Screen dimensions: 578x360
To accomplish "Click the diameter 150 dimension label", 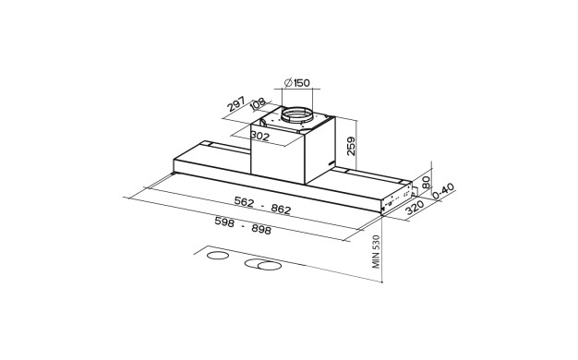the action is coord(297,83).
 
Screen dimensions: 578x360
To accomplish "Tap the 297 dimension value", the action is coord(236,103).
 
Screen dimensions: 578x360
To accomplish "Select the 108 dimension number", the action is coord(258,103).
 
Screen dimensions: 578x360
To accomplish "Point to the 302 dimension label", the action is coord(259,136).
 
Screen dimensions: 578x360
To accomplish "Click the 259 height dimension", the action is coord(351,146).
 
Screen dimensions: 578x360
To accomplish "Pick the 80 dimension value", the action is coord(427,183).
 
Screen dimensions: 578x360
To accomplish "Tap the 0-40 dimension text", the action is coord(442,191).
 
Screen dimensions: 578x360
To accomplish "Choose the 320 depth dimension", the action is coord(415,209).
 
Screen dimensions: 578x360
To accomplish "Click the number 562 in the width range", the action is coord(244,201).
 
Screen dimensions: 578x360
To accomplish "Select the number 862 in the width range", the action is coord(281,210).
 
